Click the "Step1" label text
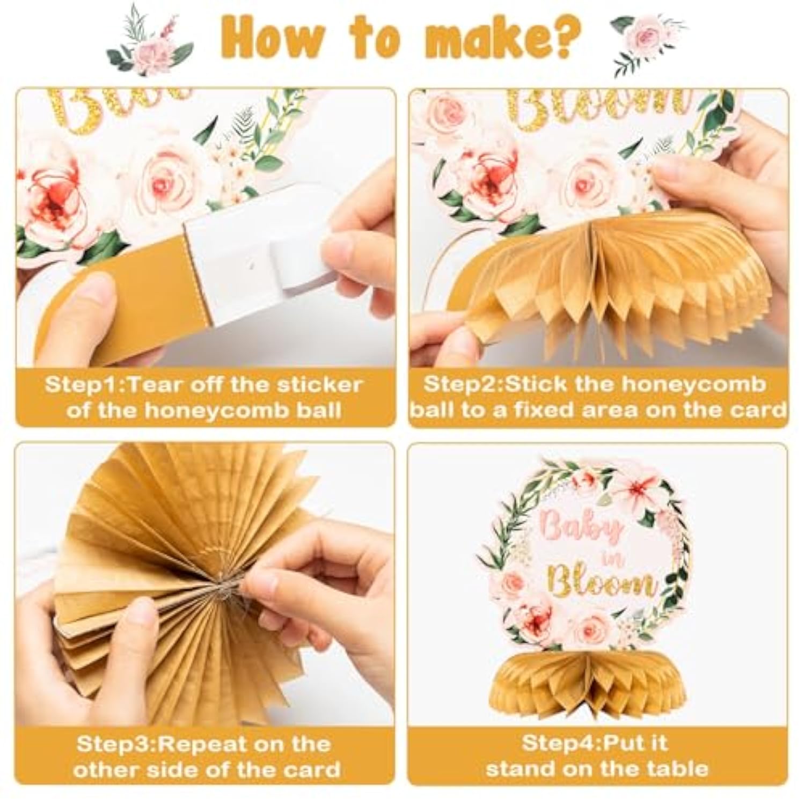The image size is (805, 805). (x=83, y=385)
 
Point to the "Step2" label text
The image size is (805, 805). (x=462, y=385)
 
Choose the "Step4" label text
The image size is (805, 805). (x=558, y=743)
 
